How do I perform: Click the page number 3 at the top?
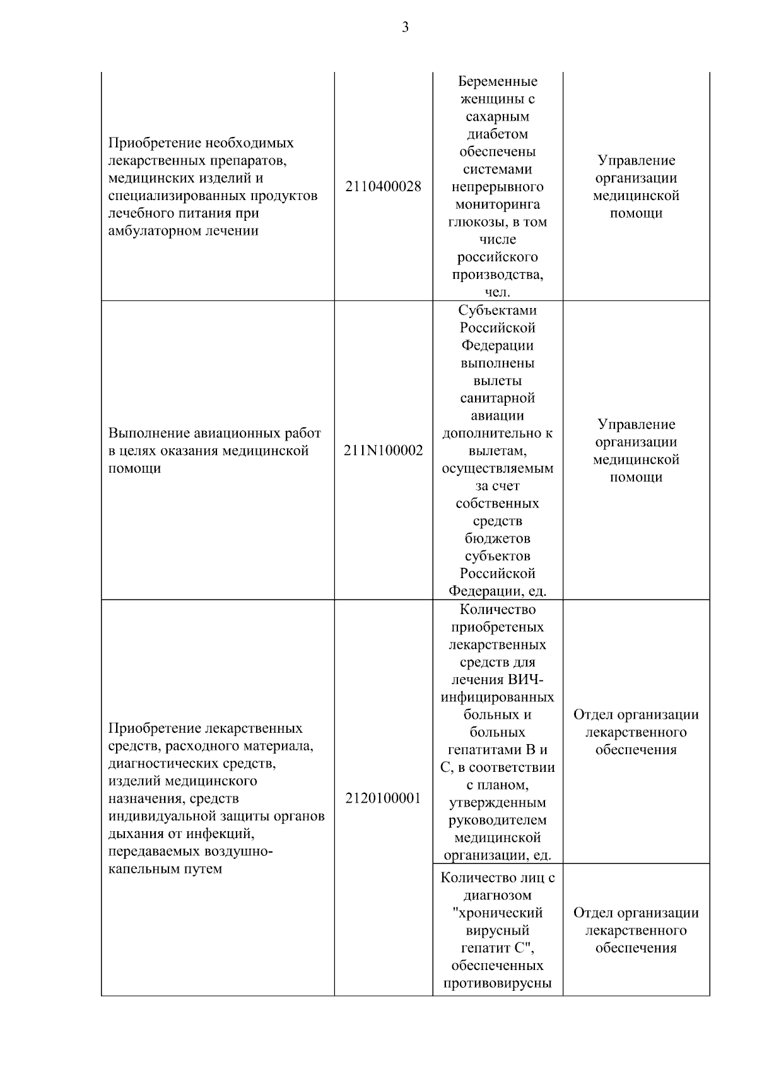click(405, 27)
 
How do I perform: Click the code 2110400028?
click(383, 187)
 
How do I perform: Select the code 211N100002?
click(383, 451)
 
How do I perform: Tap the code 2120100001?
click(383, 798)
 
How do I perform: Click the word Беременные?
click(497, 81)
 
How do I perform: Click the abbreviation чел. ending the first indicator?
click(497, 292)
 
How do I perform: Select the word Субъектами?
click(497, 311)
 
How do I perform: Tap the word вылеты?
click(497, 381)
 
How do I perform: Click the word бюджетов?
click(497, 538)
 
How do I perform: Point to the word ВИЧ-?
click(525, 680)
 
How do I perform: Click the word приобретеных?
click(497, 627)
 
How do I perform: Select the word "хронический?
click(497, 913)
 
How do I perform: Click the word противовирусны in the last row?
click(497, 983)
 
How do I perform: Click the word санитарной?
click(497, 398)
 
